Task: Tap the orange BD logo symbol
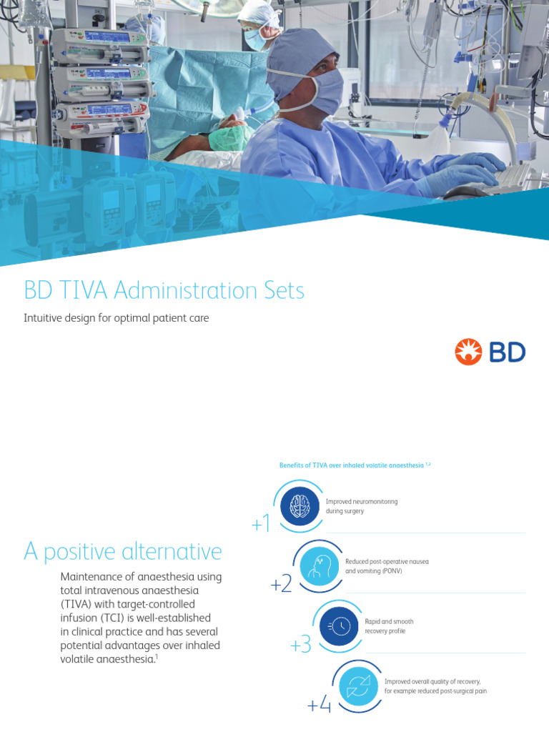click(x=468, y=352)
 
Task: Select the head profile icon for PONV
click(x=319, y=565)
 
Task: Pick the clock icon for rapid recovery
click(x=338, y=626)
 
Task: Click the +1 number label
click(x=261, y=525)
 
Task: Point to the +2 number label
click(x=281, y=585)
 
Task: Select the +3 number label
click(x=300, y=646)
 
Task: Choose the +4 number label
click(x=320, y=706)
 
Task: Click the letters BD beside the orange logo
click(x=508, y=352)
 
